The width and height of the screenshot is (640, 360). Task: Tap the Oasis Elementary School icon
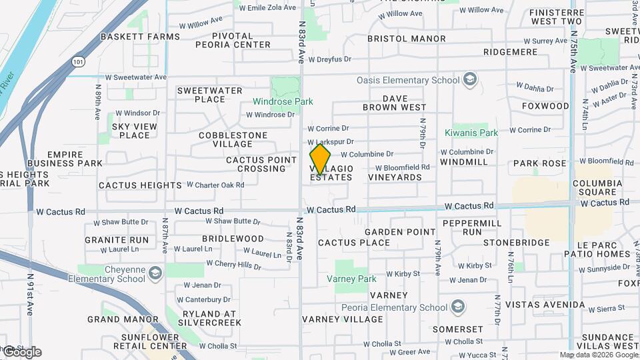click(x=471, y=80)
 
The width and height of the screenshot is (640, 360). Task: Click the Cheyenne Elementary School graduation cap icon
click(x=155, y=273)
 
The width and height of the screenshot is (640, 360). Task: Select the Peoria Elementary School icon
click(x=457, y=307)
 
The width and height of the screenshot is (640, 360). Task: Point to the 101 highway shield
click(x=79, y=62)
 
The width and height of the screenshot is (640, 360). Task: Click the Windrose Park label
click(x=283, y=102)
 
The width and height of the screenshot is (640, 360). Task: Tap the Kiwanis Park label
click(x=471, y=133)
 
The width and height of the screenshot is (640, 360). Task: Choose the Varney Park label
click(x=356, y=279)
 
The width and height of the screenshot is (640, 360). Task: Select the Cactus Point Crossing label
click(x=261, y=164)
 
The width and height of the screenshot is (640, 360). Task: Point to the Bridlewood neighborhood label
click(x=233, y=238)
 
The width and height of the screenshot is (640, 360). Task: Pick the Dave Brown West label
click(x=395, y=103)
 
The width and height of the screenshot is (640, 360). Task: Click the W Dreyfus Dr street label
click(x=329, y=59)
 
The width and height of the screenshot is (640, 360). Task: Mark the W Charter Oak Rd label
click(x=215, y=185)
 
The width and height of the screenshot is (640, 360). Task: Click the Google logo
click(x=21, y=352)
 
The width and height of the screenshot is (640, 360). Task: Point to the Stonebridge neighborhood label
click(x=517, y=243)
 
